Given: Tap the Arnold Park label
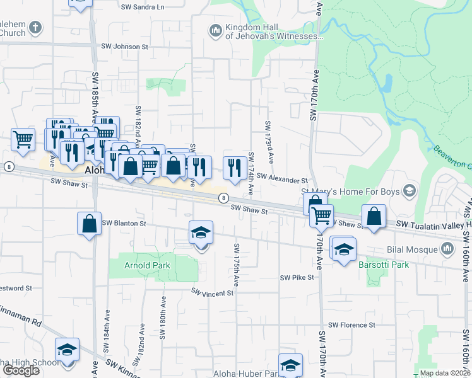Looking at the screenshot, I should (x=147, y=265).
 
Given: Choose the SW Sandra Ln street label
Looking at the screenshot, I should (x=141, y=7).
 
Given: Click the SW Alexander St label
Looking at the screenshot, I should (x=282, y=180).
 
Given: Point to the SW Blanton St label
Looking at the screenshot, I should (x=124, y=223).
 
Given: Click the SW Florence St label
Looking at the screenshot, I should (x=354, y=325).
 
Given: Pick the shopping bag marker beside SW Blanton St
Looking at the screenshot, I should (x=89, y=223).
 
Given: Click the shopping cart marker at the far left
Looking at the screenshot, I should (x=23, y=139).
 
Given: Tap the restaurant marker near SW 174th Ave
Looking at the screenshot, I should (x=235, y=167).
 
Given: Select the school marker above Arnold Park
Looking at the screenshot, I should (x=201, y=233).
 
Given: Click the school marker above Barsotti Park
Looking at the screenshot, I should (x=343, y=249).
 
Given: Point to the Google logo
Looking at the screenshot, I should (x=21, y=370).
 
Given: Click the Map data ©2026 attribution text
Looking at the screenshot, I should (x=444, y=373).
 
